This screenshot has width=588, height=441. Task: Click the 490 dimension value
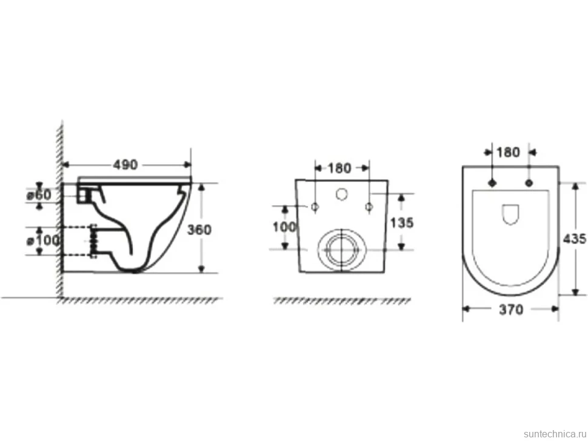(125, 165)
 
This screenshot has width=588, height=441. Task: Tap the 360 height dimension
(199, 230)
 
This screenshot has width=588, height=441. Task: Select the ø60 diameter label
(39, 195)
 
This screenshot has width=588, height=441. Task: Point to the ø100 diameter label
(43, 240)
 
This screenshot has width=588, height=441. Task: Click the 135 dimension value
(402, 223)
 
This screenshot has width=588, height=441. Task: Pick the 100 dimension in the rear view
(284, 227)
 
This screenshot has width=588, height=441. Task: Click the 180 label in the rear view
(339, 168)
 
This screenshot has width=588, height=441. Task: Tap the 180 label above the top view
(508, 152)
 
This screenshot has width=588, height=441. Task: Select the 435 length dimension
(575, 239)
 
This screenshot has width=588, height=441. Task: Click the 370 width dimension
(511, 310)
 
